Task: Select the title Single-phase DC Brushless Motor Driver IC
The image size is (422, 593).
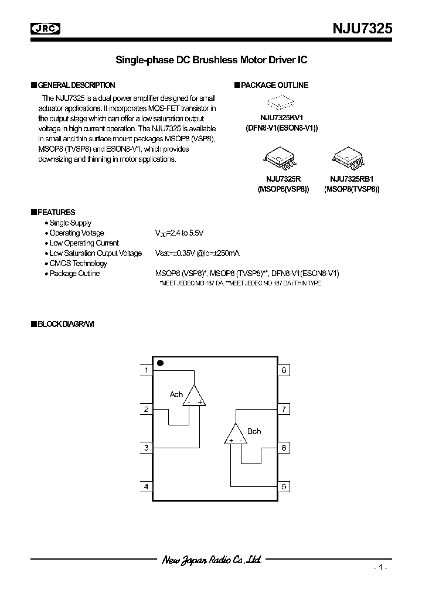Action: pos(211,60)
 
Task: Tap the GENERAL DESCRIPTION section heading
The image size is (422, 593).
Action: pos(76,85)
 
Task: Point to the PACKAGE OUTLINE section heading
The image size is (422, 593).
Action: pos(274,85)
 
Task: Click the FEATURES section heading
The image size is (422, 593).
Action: pos(55,212)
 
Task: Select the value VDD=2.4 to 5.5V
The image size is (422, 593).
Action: pos(179,233)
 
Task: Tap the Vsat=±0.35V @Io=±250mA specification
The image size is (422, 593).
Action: pos(197,253)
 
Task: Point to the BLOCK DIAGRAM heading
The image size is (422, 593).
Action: pos(65,324)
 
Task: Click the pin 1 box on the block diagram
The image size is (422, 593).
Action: pos(146,370)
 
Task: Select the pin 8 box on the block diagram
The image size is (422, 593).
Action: pos(284,370)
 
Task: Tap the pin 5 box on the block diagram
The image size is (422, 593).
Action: pos(284,486)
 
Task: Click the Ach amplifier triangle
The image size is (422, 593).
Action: pos(194,397)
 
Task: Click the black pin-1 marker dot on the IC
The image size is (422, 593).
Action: pos(160,363)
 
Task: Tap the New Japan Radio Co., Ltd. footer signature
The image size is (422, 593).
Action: pos(211,560)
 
